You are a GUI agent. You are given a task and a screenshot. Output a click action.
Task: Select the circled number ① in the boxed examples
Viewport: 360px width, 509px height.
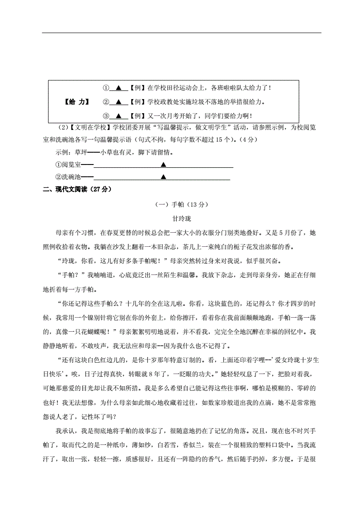pos(105,88)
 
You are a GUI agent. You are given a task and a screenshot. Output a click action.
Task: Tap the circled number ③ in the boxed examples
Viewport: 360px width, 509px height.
pos(105,116)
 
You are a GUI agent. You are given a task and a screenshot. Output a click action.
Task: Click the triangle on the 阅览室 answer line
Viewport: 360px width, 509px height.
pos(163,165)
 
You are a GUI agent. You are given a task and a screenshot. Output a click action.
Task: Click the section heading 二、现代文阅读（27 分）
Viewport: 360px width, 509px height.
pos(76,190)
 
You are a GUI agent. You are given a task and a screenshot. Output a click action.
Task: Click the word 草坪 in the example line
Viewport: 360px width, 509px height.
pos(80,152)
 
